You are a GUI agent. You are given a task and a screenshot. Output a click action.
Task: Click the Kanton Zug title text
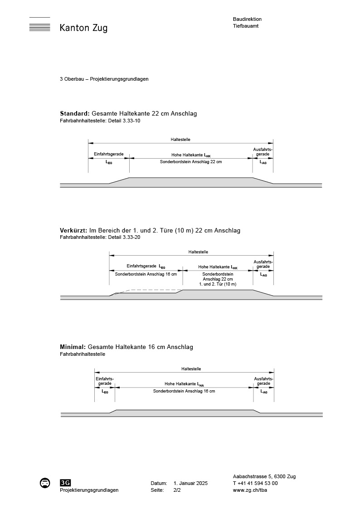coord(83,28)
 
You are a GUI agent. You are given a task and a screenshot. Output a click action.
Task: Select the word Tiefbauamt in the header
coord(246,26)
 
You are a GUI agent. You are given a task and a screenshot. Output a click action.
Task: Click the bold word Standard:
coord(75,114)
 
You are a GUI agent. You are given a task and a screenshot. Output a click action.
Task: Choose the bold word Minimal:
coord(73,347)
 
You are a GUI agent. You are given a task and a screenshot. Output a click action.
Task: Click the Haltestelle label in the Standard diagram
coord(180,139)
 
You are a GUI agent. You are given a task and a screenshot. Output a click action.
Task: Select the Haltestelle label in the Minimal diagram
coord(191,369)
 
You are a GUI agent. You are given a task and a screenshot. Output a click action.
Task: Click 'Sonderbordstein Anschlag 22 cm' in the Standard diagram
coord(191,161)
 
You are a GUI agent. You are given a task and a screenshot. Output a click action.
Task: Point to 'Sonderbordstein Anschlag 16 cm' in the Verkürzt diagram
coord(146,274)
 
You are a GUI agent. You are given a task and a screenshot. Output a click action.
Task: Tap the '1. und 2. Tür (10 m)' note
coord(218,284)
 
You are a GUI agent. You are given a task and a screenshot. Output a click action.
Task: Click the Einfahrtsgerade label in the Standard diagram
coord(108,155)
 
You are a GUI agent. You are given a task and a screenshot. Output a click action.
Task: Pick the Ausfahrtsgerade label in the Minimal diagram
coord(263,381)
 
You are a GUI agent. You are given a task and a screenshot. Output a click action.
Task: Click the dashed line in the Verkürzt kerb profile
coord(150,290)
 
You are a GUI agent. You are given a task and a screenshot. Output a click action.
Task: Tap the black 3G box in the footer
coord(65,483)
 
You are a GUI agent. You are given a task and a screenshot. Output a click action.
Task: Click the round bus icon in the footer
coord(44,483)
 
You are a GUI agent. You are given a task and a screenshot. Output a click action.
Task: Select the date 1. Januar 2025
coord(190,484)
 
